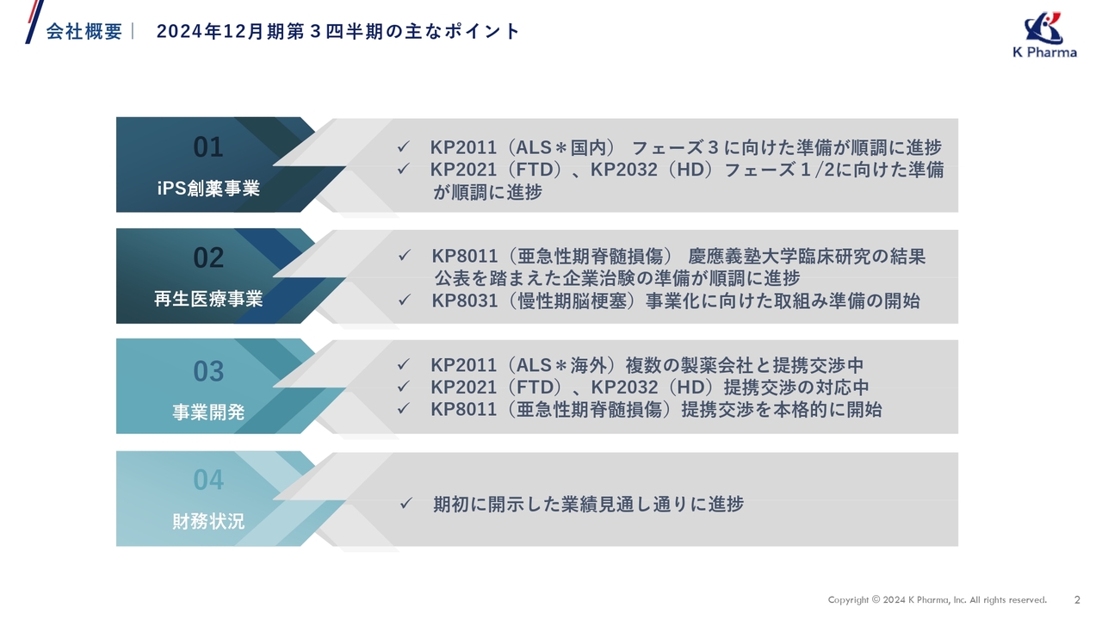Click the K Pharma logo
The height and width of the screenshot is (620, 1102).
[1044, 34]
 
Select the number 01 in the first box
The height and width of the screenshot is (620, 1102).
[208, 147]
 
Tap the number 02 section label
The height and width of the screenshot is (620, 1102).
[208, 257]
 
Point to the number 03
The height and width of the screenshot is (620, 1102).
[208, 371]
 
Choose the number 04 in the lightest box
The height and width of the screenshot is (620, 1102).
[208, 479]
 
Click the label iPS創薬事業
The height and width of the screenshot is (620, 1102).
[208, 189]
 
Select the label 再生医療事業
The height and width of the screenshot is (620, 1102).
[208, 300]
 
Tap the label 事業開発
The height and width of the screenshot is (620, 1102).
[208, 412]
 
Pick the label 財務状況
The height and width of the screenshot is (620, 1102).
[208, 521]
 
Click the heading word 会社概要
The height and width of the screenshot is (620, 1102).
[84, 32]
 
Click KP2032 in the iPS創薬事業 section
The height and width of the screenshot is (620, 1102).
[623, 170]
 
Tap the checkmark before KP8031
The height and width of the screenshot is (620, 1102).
[405, 301]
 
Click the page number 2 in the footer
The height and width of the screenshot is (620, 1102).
[1077, 600]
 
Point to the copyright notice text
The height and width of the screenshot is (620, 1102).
[937, 600]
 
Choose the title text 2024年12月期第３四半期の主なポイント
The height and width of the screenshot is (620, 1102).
[338, 32]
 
